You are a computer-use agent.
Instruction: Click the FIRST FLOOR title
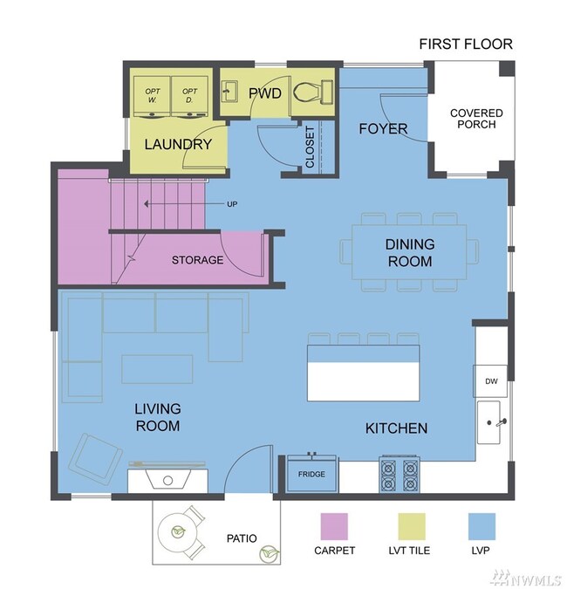[466, 44]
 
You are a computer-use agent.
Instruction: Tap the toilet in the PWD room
[312, 92]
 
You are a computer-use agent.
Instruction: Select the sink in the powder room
[229, 91]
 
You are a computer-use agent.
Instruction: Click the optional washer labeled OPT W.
[152, 97]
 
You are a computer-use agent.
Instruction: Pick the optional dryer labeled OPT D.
[189, 97]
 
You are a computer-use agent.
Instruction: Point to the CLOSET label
[310, 147]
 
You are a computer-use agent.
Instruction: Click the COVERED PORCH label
[476, 119]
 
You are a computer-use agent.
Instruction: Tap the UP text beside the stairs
[232, 204]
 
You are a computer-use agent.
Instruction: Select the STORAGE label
[197, 260]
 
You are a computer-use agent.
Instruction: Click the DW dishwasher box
[490, 381]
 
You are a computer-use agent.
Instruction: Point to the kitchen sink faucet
[501, 422]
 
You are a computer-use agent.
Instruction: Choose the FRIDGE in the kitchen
[311, 473]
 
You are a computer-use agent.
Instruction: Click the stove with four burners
[400, 474]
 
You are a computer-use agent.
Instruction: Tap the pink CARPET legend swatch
[334, 526]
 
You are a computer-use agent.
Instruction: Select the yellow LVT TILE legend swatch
[412, 526]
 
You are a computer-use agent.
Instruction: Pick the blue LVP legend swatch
[482, 526]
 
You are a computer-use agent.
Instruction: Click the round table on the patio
[178, 532]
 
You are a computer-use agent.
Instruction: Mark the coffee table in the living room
[157, 369]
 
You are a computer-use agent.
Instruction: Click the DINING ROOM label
[410, 253]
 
